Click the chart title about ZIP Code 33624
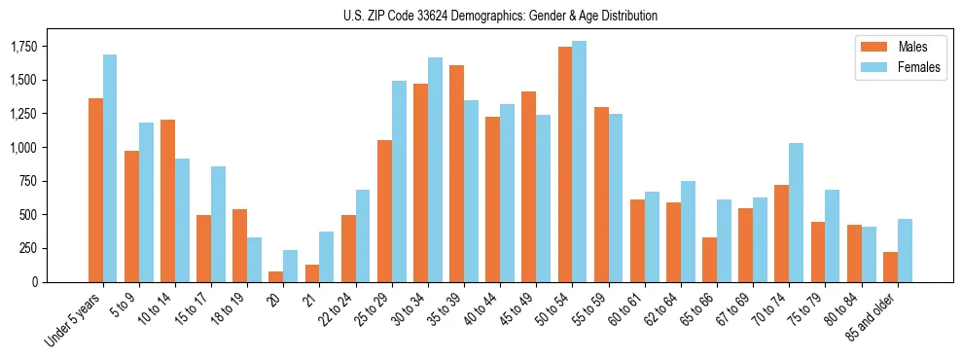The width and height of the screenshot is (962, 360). click(500, 16)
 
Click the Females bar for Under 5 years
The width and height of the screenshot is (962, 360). click(110, 168)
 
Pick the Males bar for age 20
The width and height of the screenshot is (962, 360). click(275, 276)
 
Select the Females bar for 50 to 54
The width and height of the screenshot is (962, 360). click(579, 162)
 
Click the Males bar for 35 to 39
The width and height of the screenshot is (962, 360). click(456, 173)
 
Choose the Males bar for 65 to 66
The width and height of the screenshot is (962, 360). click(709, 260)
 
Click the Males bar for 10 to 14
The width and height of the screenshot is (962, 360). click(167, 200)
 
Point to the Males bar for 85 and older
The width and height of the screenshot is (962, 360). click(890, 267)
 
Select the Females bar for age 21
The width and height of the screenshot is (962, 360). click(327, 257)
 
